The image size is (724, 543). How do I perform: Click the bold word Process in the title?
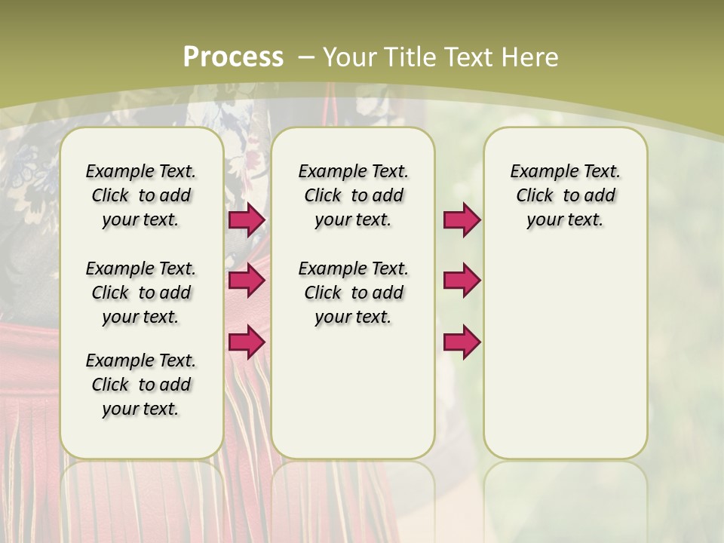233,57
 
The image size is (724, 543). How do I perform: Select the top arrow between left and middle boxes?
247,219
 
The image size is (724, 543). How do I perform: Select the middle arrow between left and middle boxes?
247,281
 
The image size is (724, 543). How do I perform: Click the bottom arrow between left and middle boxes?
247,342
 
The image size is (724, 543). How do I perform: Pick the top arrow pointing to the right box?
462,219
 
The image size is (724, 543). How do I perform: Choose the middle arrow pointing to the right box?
462,281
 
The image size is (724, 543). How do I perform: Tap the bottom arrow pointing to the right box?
462,342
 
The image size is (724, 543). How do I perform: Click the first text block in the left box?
141,195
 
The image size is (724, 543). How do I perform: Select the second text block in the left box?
141,293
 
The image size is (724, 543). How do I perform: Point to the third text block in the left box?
141,385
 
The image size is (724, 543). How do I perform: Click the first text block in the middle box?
353,195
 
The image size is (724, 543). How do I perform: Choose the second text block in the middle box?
353,293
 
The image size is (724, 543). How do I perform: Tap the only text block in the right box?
566,195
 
